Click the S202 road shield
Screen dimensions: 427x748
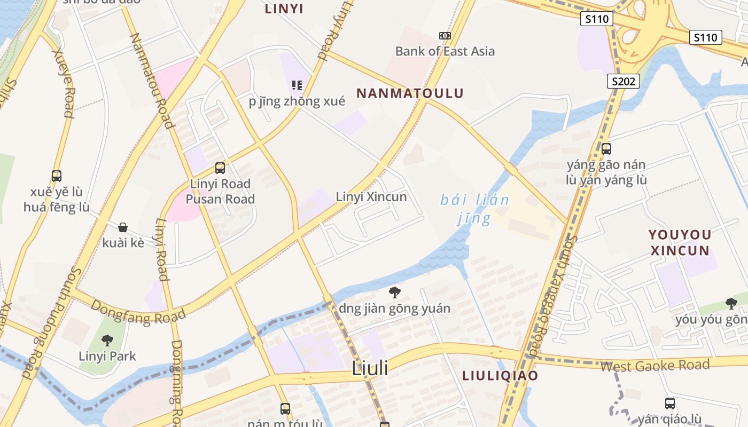624,81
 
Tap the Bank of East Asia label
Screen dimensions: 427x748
445,51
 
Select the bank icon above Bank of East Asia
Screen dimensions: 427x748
445,36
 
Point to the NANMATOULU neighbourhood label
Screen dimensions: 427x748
410,93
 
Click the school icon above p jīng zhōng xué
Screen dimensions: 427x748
297,85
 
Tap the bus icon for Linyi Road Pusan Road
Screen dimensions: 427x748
220,168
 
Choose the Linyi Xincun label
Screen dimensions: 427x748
371,196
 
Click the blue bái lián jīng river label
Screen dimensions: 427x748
474,209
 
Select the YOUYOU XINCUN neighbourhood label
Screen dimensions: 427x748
680,242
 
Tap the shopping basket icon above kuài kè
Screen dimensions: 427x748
123,227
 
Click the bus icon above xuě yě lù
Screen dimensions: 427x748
57,176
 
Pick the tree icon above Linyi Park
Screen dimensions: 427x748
107,340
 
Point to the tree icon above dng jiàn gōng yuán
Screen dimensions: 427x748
395,292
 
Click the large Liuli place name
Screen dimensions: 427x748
370,368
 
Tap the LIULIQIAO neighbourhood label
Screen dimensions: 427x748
500,375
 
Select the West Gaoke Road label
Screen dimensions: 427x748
654,366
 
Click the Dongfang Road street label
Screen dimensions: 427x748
138,310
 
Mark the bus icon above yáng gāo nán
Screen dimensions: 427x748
606,149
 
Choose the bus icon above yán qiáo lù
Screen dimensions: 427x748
670,404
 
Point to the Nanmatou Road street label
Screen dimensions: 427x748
152,81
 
